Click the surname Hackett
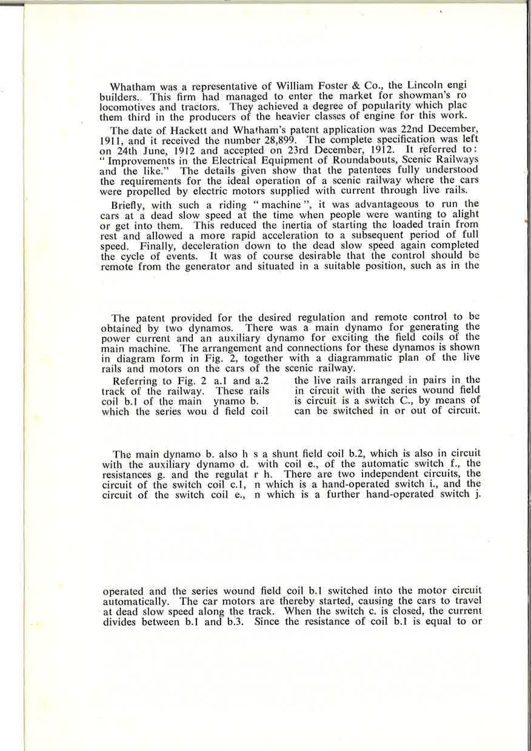click(178, 130)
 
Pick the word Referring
click(136, 382)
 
